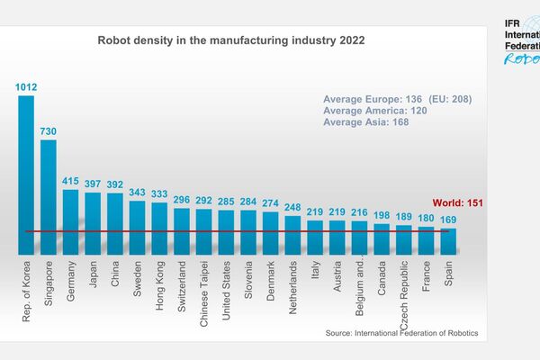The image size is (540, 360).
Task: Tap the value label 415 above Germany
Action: [70, 181]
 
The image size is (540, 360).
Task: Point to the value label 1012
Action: [26, 87]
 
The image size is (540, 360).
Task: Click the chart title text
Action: [230, 41]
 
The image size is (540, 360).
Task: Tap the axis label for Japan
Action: [94, 274]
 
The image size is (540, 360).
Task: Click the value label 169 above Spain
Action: [448, 219]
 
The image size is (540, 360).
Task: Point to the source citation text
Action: [401, 334]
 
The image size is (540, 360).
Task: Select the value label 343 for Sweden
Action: [137, 192]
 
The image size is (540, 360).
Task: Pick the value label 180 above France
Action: [426, 217]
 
